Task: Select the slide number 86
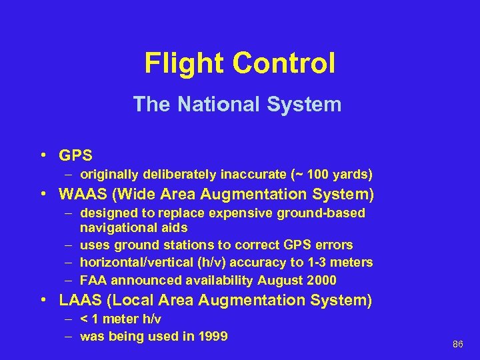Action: tap(457, 345)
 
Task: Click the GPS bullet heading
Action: tap(75, 155)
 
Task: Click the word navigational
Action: tap(115, 228)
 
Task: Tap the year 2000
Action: tap(320, 279)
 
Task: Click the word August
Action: tap(278, 279)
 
